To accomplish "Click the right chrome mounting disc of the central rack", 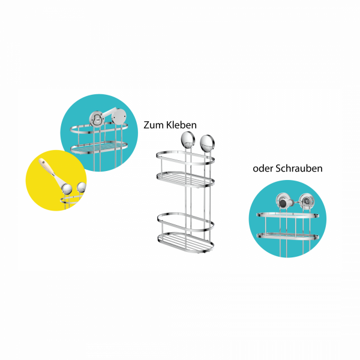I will coord(207,143).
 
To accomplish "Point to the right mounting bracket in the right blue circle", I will coord(305,201).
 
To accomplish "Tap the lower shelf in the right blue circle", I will coord(287,235).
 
